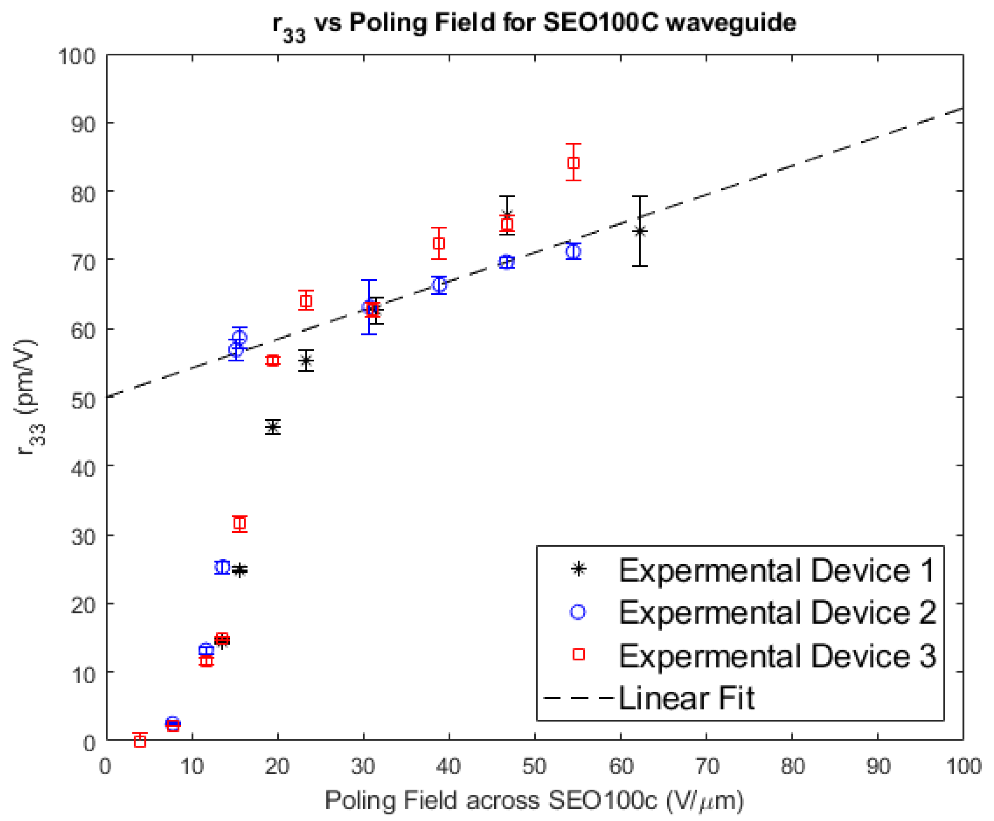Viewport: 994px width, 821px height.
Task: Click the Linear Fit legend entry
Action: tap(686, 698)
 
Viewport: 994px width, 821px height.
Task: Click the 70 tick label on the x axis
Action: tap(707, 766)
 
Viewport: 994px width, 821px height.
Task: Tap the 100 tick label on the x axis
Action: tap(963, 766)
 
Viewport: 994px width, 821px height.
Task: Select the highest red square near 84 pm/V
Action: tap(573, 163)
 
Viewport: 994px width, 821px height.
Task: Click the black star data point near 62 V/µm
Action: tap(640, 231)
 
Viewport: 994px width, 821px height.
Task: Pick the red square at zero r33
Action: tap(140, 741)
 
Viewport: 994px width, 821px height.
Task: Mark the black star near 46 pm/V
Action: tap(272, 427)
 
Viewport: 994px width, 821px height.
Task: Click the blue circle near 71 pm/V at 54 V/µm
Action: tap(573, 252)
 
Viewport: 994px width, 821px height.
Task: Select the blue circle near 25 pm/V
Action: tap(222, 567)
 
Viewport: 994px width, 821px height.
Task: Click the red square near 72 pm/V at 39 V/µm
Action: tap(439, 244)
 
